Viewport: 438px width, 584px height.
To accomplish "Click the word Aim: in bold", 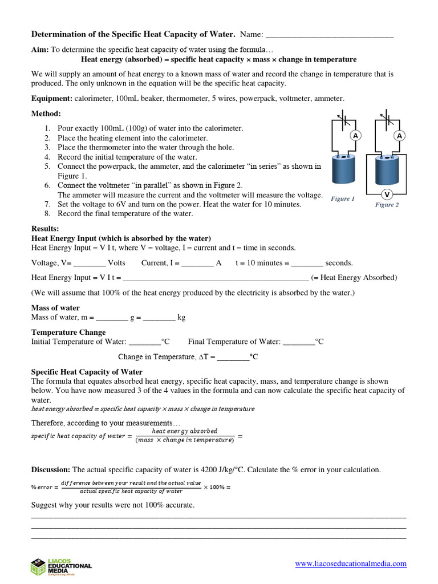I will tap(40, 50).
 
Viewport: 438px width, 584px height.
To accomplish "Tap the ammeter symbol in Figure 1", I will tap(355, 136).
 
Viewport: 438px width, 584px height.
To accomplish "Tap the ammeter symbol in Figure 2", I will tap(399, 136).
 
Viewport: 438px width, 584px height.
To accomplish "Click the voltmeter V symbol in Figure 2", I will tap(387, 194).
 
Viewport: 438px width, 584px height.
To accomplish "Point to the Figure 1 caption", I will tap(343, 199).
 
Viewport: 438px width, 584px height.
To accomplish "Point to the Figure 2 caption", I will tap(387, 205).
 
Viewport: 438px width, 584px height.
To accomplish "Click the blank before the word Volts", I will tap(90, 263).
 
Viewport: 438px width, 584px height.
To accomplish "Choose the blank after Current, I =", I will tap(197, 263).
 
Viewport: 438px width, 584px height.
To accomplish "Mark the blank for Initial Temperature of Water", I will tap(145, 342).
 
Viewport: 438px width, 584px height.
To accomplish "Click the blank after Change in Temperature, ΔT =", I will tap(233, 358).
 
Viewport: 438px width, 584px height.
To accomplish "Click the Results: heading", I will tap(45, 229).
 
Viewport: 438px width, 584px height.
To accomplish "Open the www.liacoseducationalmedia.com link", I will tap(351, 564).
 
